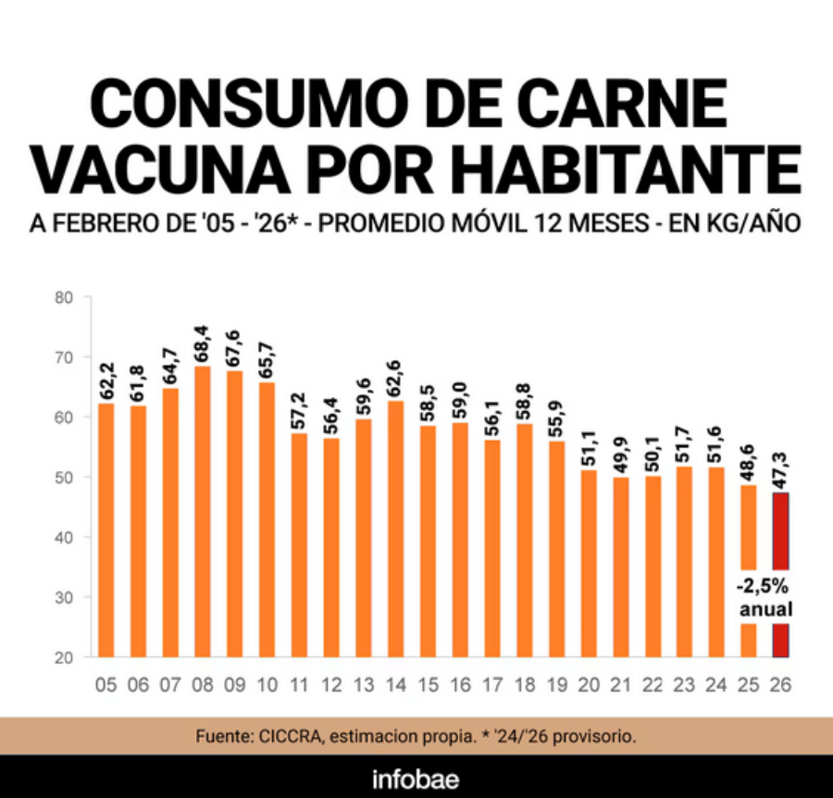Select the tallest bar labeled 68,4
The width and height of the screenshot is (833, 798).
tap(203, 509)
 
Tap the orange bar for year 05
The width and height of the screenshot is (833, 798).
tap(106, 528)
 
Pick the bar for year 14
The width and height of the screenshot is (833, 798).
tap(395, 528)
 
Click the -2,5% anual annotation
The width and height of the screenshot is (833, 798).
tap(765, 598)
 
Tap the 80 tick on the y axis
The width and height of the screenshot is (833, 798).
tap(64, 298)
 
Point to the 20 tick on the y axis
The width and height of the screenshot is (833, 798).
tap(64, 658)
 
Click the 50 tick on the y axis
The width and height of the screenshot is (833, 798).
tap(64, 478)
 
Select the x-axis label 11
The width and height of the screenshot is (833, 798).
tap(299, 685)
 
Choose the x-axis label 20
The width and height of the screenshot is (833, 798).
tap(588, 685)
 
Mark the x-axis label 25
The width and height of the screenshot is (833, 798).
tap(748, 685)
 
